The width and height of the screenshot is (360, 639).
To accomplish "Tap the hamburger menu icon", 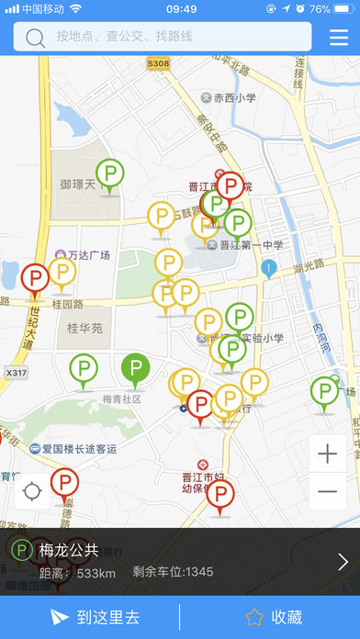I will click(x=339, y=37).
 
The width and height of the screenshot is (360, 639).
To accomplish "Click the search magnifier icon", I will click(x=36, y=38).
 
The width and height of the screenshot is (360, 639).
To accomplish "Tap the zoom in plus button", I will click(x=328, y=454).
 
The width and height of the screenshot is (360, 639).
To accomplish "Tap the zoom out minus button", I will click(x=328, y=492).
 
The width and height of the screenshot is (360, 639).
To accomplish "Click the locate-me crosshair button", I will click(x=33, y=492).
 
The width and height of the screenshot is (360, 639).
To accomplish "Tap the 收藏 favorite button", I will click(x=274, y=617).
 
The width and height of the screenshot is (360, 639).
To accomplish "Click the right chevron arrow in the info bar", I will click(x=343, y=562).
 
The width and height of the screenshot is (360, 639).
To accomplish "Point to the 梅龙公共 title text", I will click(x=69, y=551).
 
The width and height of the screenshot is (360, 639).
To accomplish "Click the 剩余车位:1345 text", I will click(x=173, y=572).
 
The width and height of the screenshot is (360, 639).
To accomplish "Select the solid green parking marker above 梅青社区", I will click(x=136, y=369).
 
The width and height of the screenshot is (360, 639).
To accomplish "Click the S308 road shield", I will click(x=158, y=63).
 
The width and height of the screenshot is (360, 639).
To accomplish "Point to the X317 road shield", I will click(x=16, y=374).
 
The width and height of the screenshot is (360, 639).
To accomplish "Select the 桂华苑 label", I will click(x=84, y=327).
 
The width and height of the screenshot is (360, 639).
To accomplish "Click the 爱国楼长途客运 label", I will click(x=79, y=449).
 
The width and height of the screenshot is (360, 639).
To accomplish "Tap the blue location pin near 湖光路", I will click(x=268, y=268).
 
